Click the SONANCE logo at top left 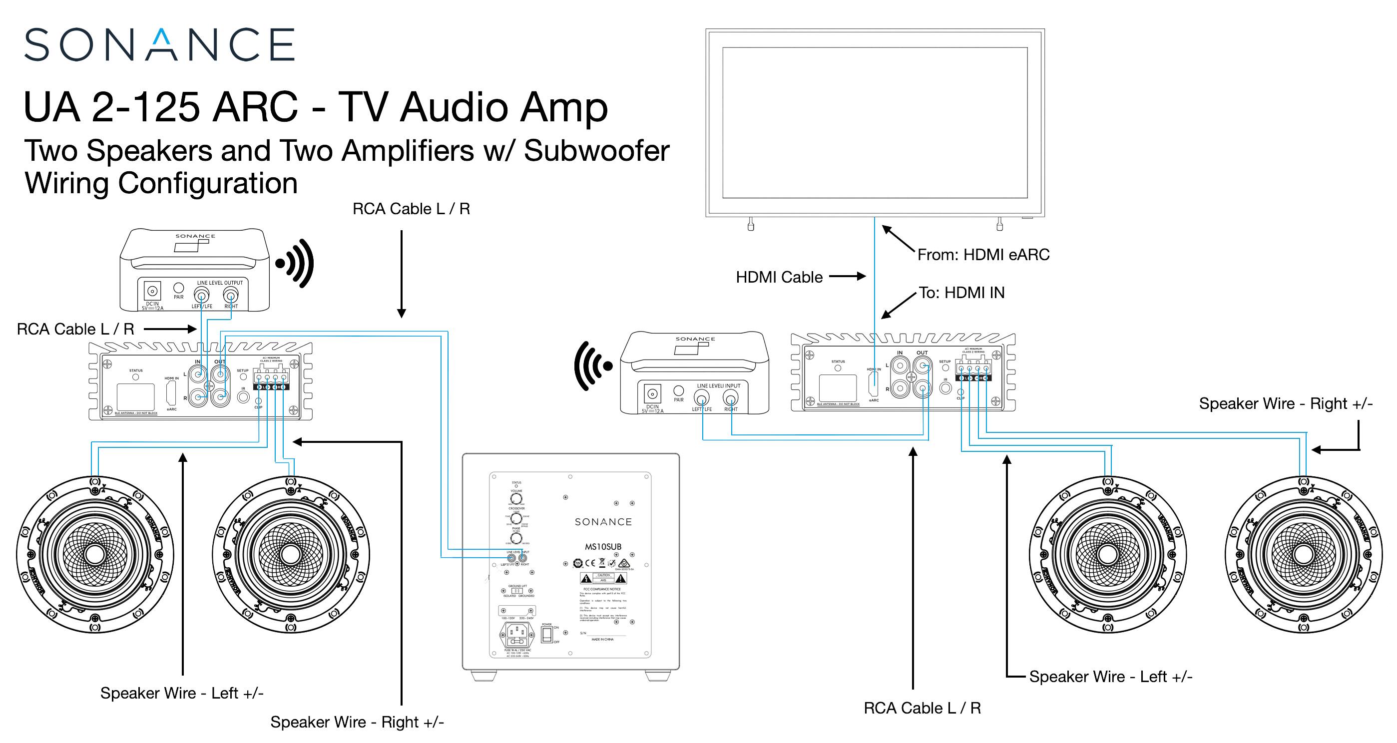pyautogui.click(x=159, y=44)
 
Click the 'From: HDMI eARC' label pyautogui.click(x=982, y=254)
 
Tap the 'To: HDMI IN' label pyautogui.click(x=961, y=293)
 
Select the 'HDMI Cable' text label pyautogui.click(x=779, y=277)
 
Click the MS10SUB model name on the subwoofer pyautogui.click(x=602, y=547)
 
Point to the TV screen pyautogui.click(x=874, y=122)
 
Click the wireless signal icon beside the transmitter pyautogui.click(x=296, y=264)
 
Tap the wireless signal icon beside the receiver pyautogui.click(x=593, y=366)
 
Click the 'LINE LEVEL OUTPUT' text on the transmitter pyautogui.click(x=220, y=283)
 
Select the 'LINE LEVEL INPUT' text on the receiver pyautogui.click(x=719, y=385)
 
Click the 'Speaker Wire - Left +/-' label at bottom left pyautogui.click(x=182, y=693)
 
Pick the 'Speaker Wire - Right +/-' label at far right pyautogui.click(x=1285, y=403)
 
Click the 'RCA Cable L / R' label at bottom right pyautogui.click(x=922, y=708)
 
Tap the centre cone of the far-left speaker pyautogui.click(x=95, y=554)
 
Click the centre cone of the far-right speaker pyautogui.click(x=1303, y=554)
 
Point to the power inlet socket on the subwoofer pyautogui.click(x=516, y=634)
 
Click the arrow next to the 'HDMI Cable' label pyautogui.click(x=848, y=277)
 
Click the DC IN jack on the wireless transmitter pyautogui.click(x=152, y=290)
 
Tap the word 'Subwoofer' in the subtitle pyautogui.click(x=596, y=151)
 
